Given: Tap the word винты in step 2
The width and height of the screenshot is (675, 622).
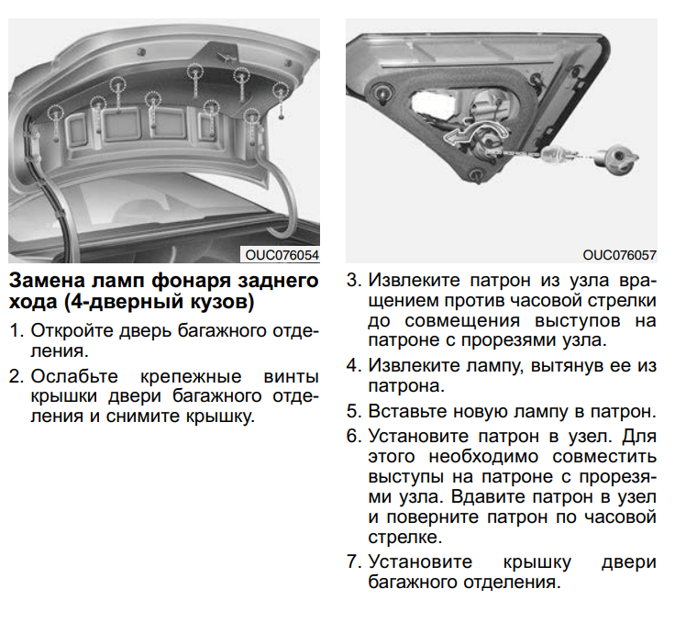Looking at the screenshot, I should tap(291, 376).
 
